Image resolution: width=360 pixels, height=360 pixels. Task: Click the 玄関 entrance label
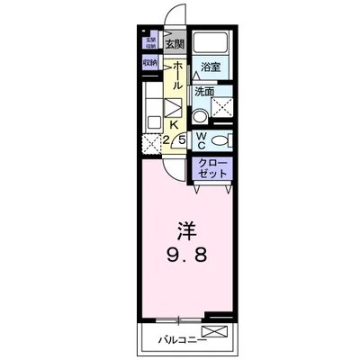[x=174, y=44]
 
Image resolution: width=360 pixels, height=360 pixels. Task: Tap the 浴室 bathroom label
[x=210, y=67]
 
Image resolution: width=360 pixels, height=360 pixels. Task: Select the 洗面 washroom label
[x=203, y=91]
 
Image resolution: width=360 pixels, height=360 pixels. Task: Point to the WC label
[x=202, y=140]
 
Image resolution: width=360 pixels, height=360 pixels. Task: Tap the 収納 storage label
[x=149, y=63]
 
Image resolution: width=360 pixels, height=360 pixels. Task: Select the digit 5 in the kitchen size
[x=182, y=139]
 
